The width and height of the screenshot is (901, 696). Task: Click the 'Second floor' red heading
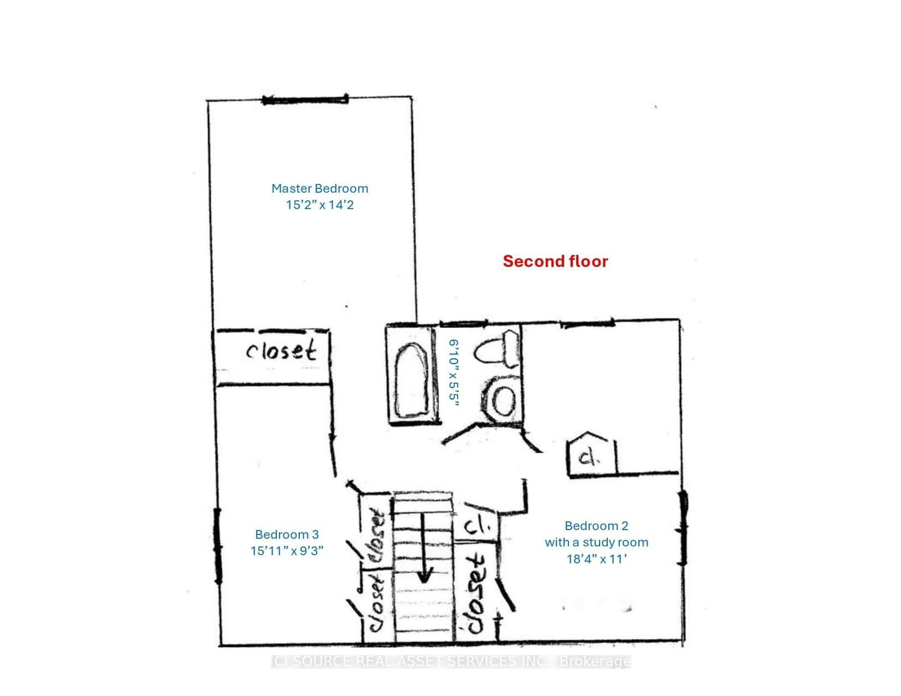[x=555, y=261]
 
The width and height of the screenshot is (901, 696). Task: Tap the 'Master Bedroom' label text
[x=320, y=189]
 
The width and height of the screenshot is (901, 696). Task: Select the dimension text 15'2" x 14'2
[x=320, y=205]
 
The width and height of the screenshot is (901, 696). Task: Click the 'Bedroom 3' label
[x=287, y=534]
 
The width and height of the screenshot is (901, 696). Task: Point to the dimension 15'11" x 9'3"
[x=287, y=551]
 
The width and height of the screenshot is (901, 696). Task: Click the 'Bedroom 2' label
[x=596, y=526]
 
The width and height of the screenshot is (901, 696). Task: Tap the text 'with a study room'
[x=596, y=542]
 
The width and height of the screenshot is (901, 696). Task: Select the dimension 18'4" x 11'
[x=596, y=559]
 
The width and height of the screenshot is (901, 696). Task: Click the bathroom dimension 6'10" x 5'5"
[x=454, y=372]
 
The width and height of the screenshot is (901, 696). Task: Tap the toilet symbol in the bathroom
[x=498, y=349]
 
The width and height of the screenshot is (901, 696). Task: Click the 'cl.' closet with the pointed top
[x=589, y=456]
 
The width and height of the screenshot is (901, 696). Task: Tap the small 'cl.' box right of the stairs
[x=476, y=527]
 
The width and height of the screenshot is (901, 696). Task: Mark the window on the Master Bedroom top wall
[x=305, y=100]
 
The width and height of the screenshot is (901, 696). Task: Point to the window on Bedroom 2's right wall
[x=683, y=528]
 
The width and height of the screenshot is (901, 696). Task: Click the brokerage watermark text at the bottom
[x=450, y=661]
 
